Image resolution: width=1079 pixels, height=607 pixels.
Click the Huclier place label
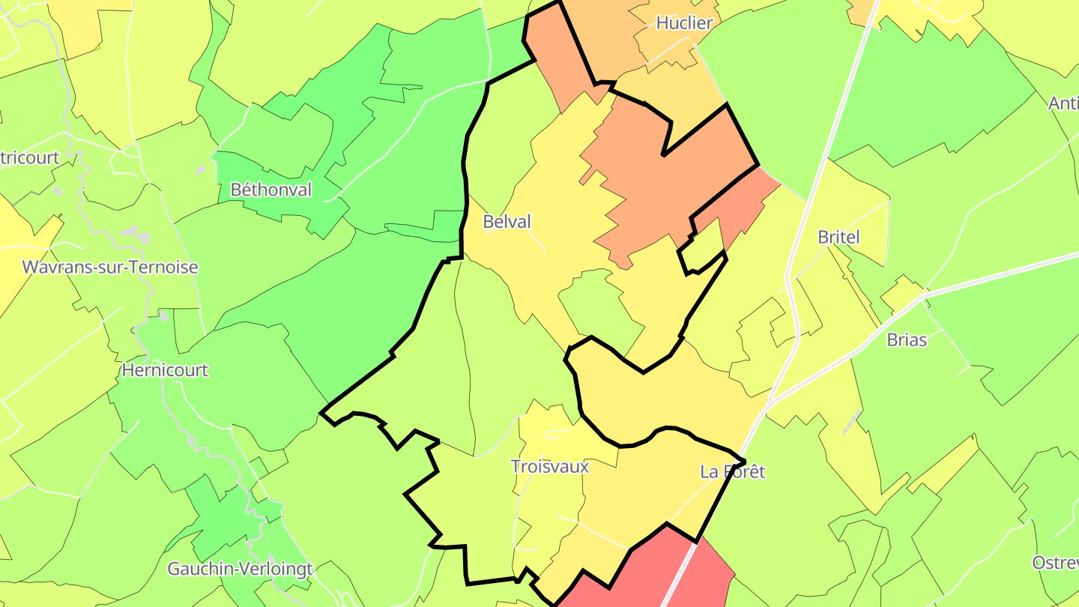(684, 23)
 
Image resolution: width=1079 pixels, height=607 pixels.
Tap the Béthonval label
(270, 190)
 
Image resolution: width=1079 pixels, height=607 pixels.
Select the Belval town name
(507, 222)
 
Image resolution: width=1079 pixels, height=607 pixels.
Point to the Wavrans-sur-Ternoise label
(110, 268)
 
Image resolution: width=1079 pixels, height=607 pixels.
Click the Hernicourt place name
(165, 370)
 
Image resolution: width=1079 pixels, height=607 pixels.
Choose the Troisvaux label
(549, 467)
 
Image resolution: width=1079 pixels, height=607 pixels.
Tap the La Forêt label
(733, 472)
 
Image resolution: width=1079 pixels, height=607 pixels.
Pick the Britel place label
(838, 238)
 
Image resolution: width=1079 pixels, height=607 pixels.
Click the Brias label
(907, 340)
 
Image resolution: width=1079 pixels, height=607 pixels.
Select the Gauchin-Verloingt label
(240, 570)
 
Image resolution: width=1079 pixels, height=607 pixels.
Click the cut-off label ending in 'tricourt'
(30, 158)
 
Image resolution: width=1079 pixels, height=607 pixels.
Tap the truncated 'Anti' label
(1064, 103)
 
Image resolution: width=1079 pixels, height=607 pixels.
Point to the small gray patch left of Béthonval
(200, 171)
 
